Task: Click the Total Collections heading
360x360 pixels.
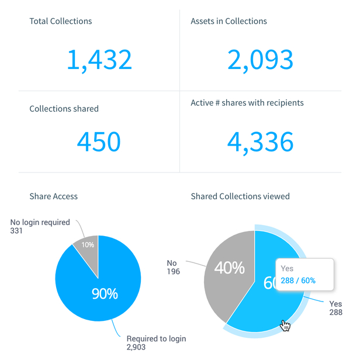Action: [61, 21]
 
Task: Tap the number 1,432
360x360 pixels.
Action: [99, 60]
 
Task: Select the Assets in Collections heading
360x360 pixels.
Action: [229, 21]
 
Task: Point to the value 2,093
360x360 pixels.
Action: [259, 60]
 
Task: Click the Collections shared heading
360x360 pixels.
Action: [64, 109]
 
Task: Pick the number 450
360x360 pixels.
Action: [99, 142]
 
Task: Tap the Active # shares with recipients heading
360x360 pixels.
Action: [247, 103]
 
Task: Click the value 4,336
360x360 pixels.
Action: [259, 142]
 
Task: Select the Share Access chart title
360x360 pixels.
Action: [53, 196]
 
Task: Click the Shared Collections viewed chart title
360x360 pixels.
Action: [240, 196]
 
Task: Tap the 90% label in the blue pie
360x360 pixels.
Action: [105, 293]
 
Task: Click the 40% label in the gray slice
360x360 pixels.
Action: [229, 268]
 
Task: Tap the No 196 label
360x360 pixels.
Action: [172, 268]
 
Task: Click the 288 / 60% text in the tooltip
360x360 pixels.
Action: [298, 281]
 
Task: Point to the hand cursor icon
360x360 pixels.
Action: [285, 325]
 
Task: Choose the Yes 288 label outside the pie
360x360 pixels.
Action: [335, 308]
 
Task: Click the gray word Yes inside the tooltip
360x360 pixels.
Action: [287, 269]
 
